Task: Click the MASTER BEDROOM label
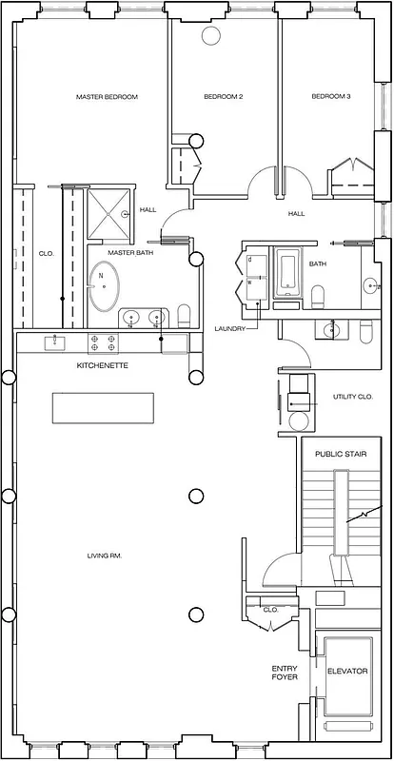(108, 97)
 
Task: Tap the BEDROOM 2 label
(224, 97)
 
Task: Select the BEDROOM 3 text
(331, 97)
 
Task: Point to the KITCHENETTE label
(103, 365)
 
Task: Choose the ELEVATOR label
(347, 672)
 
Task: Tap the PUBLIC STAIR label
(334, 454)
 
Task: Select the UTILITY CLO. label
(351, 397)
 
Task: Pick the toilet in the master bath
(185, 315)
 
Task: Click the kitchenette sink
(54, 340)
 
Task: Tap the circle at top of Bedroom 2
(209, 35)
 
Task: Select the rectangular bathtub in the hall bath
(286, 275)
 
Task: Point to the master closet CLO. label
(46, 254)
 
